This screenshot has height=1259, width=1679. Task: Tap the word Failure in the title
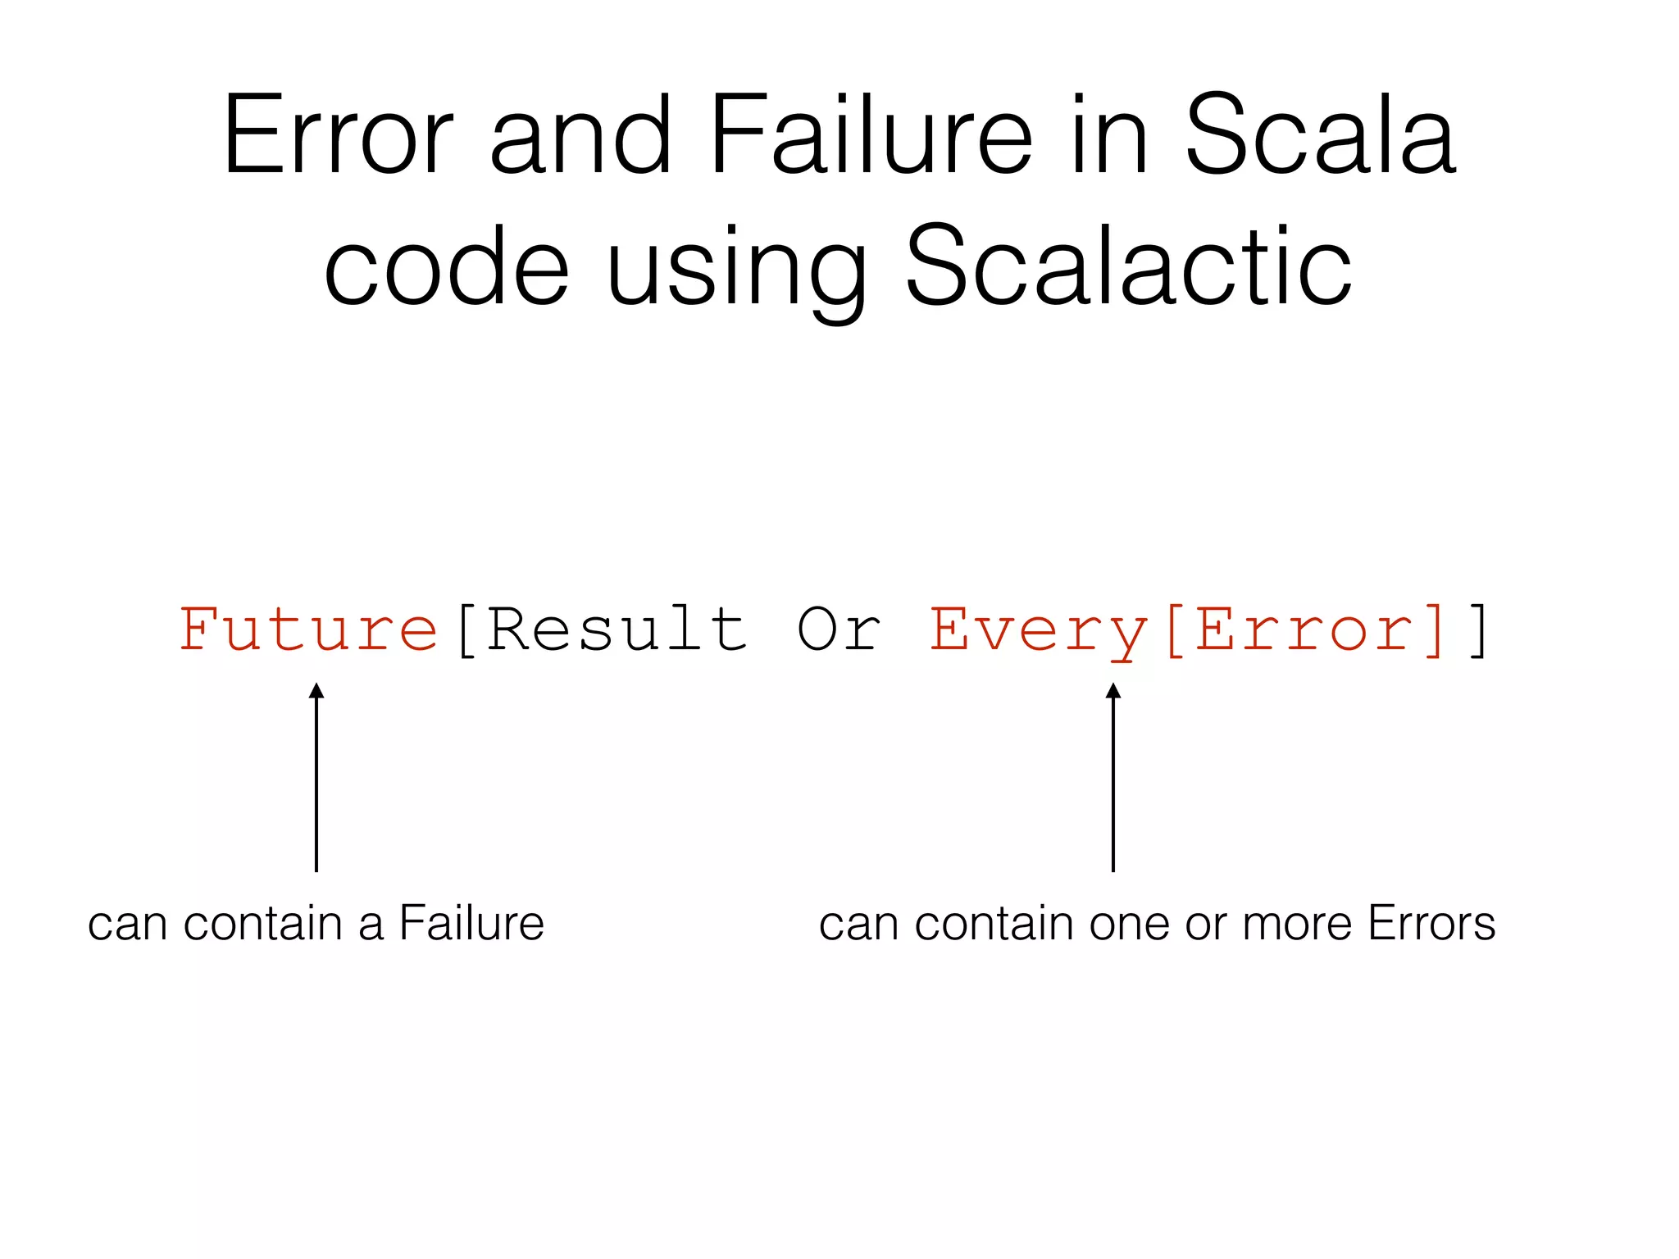point(871,135)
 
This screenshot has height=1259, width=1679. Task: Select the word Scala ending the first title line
point(1320,135)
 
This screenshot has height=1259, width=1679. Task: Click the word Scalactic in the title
point(1128,266)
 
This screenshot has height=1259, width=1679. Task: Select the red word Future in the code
point(309,629)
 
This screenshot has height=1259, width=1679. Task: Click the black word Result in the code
point(617,629)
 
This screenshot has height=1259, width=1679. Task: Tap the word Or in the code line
point(839,629)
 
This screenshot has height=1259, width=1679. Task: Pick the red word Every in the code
point(1038,631)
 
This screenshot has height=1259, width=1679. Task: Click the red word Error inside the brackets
point(1306,629)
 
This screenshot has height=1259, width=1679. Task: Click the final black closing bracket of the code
point(1478,629)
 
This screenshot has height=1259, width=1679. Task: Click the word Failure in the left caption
point(471,923)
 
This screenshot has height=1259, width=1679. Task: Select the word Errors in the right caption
point(1431,923)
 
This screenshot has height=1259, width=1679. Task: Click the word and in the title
point(580,135)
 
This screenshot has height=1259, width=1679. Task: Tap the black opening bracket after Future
point(466,629)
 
